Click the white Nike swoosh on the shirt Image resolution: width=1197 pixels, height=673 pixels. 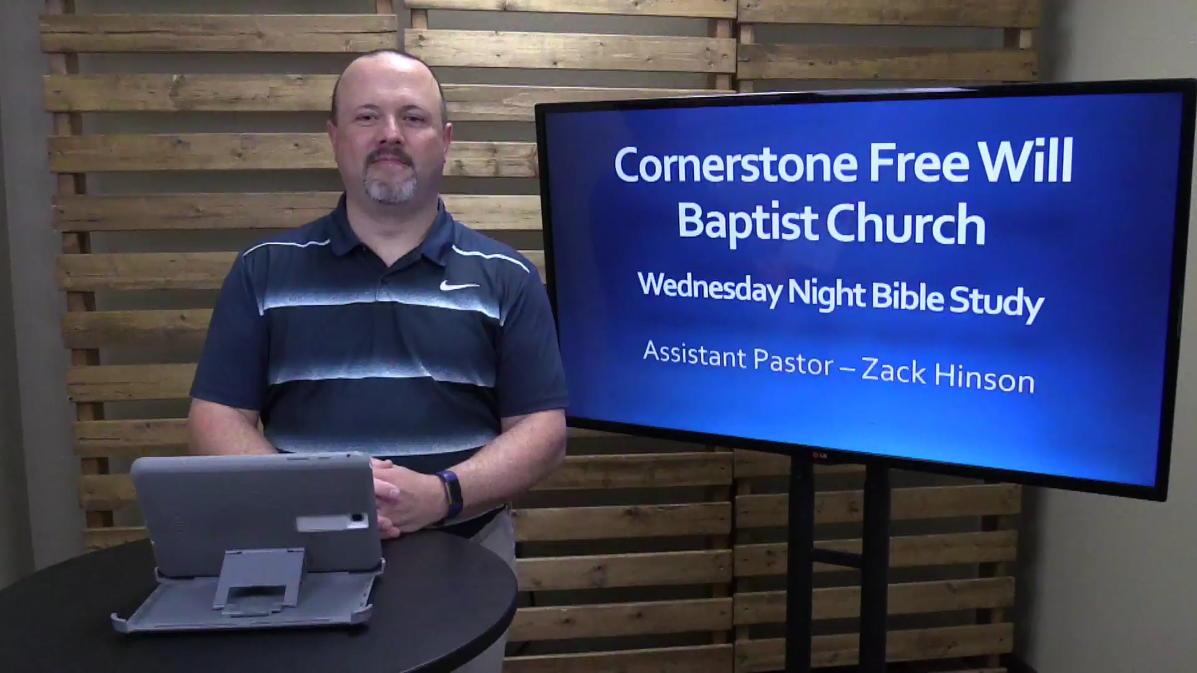tap(459, 286)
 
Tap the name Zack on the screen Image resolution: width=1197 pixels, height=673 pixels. tap(893, 371)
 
